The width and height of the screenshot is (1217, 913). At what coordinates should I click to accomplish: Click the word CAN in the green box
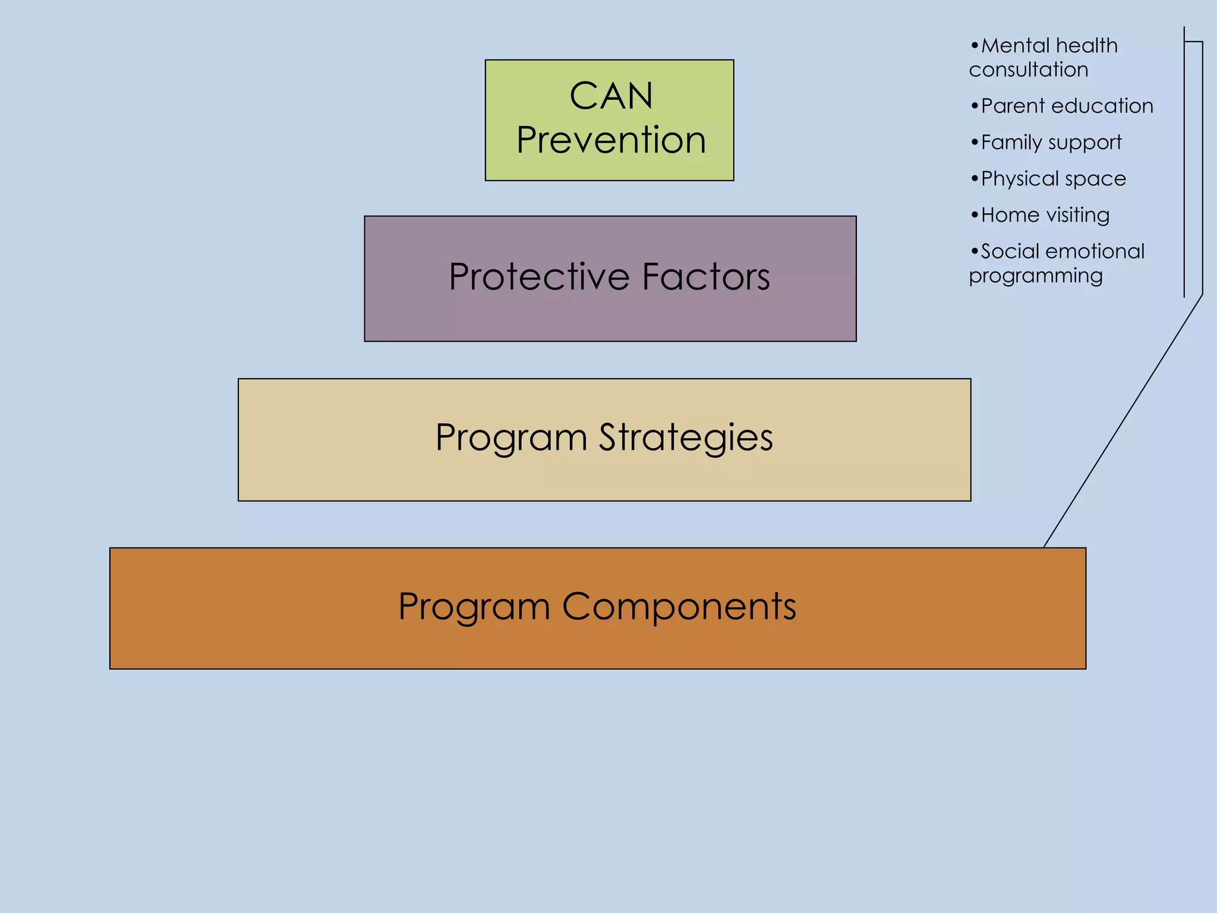[x=611, y=96]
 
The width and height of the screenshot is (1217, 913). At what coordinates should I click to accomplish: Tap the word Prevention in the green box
[x=611, y=141]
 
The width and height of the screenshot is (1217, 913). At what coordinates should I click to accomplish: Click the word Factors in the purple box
[x=706, y=277]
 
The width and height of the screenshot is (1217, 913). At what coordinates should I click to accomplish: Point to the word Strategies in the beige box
[x=686, y=438]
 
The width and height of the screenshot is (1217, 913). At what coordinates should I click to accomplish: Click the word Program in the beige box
[x=512, y=438]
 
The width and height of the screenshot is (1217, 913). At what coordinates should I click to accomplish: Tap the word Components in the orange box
[x=679, y=607]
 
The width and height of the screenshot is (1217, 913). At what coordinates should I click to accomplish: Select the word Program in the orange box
[x=474, y=607]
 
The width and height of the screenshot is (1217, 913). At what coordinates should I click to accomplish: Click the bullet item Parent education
[x=1067, y=106]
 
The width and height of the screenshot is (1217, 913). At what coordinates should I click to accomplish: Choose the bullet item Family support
[x=1051, y=143]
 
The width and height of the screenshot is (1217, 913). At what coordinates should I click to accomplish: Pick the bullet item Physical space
[x=1053, y=179]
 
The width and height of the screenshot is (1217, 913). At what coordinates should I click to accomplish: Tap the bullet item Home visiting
[x=1045, y=215]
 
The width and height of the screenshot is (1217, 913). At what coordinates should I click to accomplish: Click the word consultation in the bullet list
[x=1029, y=70]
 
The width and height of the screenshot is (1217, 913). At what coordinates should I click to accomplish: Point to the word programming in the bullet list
[x=1036, y=276]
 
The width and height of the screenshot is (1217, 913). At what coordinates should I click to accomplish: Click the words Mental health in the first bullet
[x=1049, y=46]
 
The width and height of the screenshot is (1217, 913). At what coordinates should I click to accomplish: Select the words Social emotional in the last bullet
[x=1062, y=251]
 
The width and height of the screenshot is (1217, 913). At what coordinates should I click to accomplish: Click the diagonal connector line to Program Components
[x=1123, y=421]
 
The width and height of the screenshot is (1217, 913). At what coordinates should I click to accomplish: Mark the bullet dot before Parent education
[x=975, y=106]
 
